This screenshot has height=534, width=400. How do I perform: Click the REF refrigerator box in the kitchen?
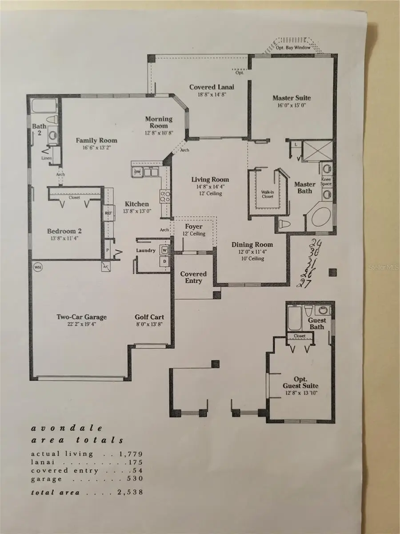coord(108,213)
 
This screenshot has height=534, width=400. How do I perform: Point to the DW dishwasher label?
coord(137,172)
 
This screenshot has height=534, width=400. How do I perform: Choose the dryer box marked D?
coord(164,261)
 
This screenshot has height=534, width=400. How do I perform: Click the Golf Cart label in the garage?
coord(149,317)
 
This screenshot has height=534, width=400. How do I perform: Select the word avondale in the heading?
coord(67,429)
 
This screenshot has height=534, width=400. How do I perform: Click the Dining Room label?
coord(252,245)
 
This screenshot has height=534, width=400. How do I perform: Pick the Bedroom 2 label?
coord(64,231)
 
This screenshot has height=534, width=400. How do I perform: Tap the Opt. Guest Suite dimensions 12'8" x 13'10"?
coord(301,393)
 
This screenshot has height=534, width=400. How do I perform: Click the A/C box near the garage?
coord(106,267)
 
